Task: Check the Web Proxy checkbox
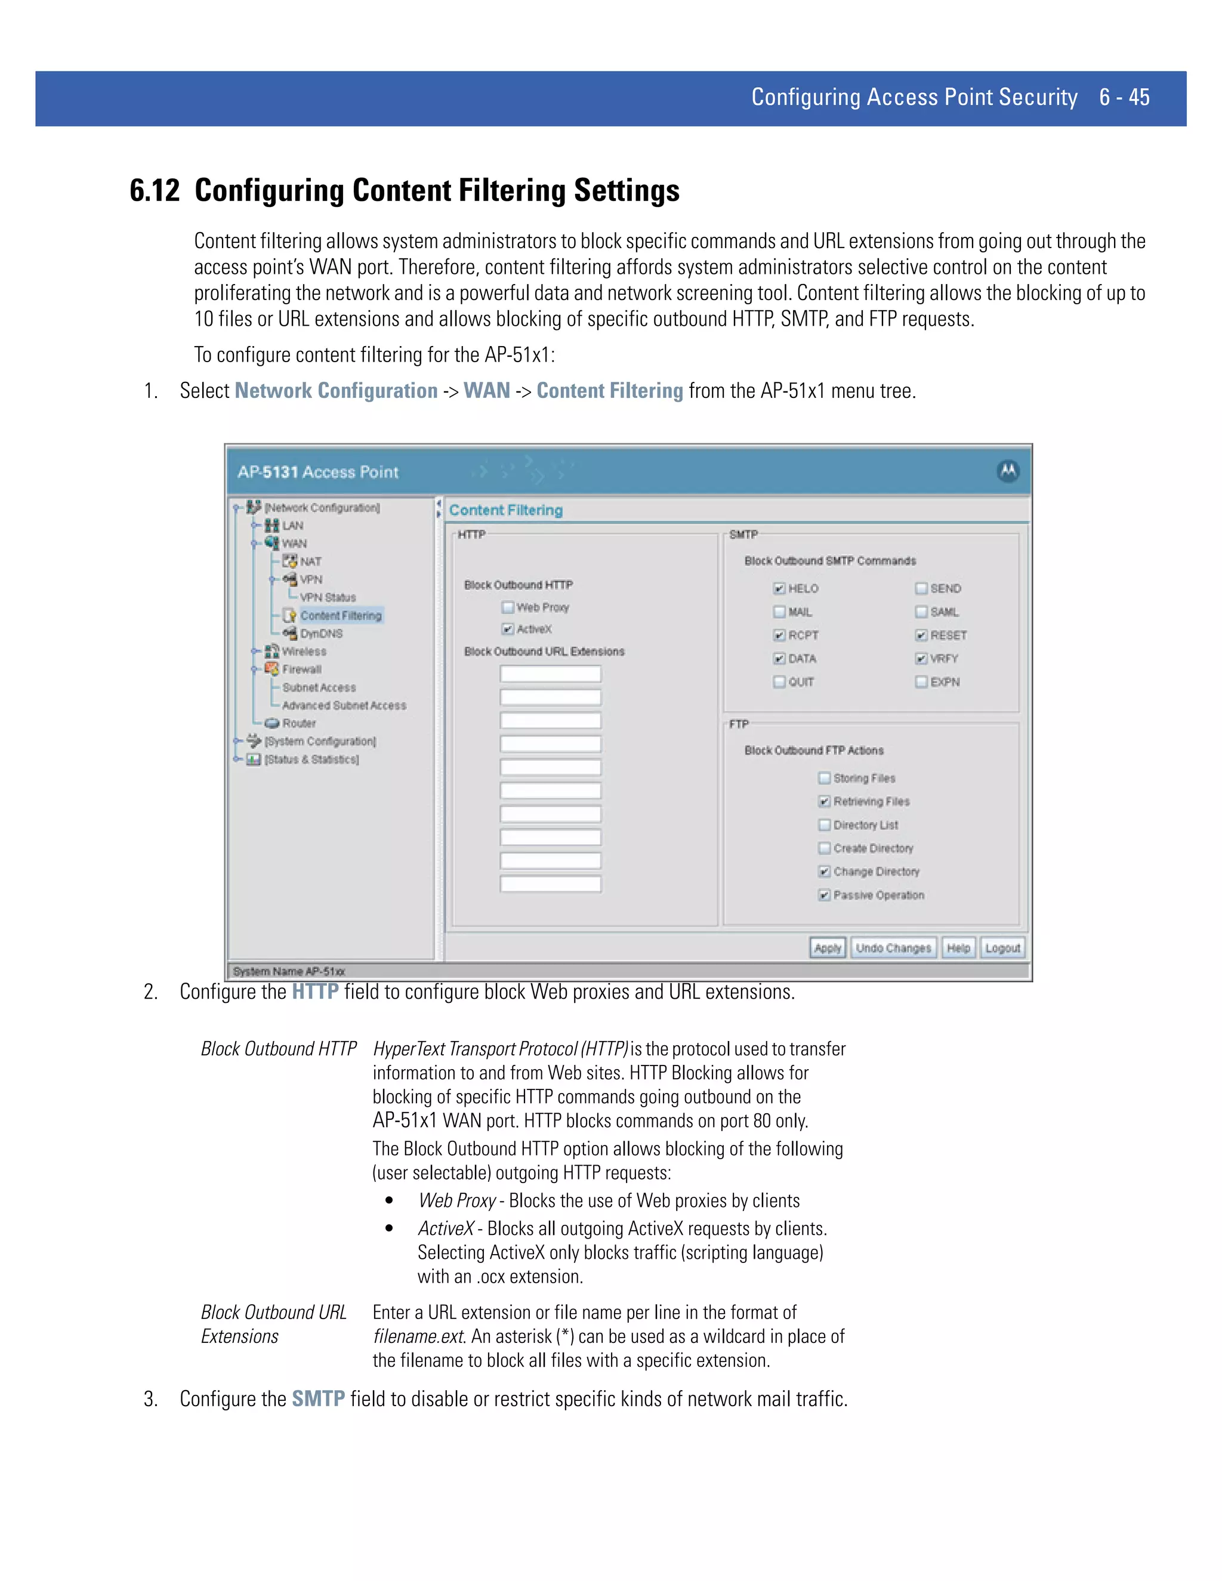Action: (x=508, y=607)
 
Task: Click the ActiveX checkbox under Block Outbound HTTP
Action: (x=508, y=629)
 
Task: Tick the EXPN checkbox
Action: (x=921, y=682)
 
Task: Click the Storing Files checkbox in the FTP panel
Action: (x=824, y=778)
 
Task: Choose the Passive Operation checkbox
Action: (x=824, y=896)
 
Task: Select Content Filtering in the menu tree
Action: (x=340, y=615)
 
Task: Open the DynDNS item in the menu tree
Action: (x=320, y=634)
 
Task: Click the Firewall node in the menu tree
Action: (x=301, y=669)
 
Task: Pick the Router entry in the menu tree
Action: (x=298, y=723)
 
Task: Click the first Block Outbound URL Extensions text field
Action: (x=550, y=674)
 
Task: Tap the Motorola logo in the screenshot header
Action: (x=1008, y=471)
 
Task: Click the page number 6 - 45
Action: (x=1124, y=97)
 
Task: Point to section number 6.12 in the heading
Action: (x=154, y=190)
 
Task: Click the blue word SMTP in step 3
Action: (x=318, y=1398)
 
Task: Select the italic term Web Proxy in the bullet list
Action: (x=457, y=1200)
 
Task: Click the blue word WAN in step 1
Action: (x=486, y=391)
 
